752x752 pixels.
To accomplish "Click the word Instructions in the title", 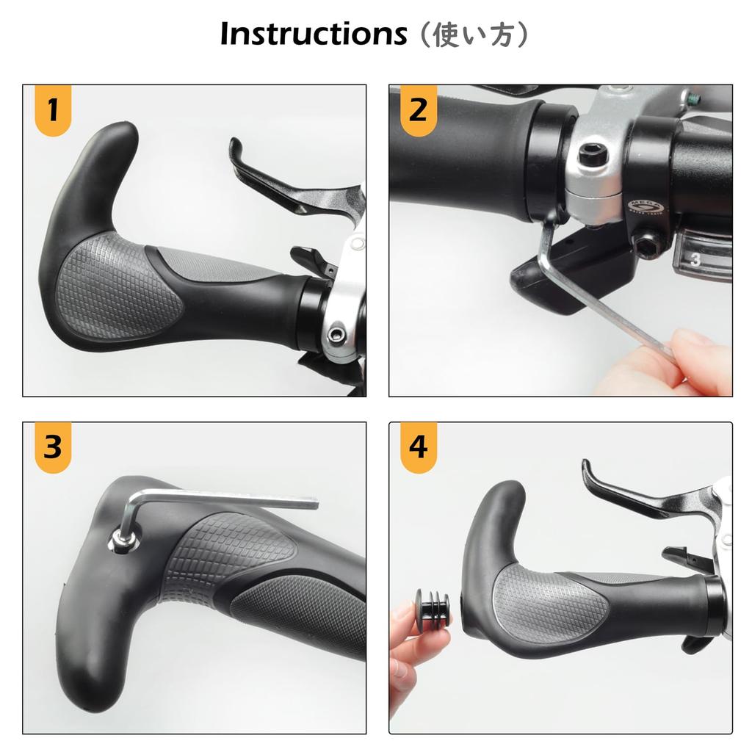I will (313, 34).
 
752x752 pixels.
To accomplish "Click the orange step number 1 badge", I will (52, 111).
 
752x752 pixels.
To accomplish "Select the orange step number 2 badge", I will (418, 111).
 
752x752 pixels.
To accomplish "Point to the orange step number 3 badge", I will (52, 447).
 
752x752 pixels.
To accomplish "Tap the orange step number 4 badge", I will (418, 447).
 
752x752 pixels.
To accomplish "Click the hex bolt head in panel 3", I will (122, 541).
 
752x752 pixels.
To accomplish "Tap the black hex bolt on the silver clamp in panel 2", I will (589, 155).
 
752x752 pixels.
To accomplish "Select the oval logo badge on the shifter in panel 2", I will (646, 209).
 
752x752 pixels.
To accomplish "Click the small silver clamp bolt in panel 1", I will (336, 335).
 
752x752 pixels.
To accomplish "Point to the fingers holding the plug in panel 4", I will (402, 646).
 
